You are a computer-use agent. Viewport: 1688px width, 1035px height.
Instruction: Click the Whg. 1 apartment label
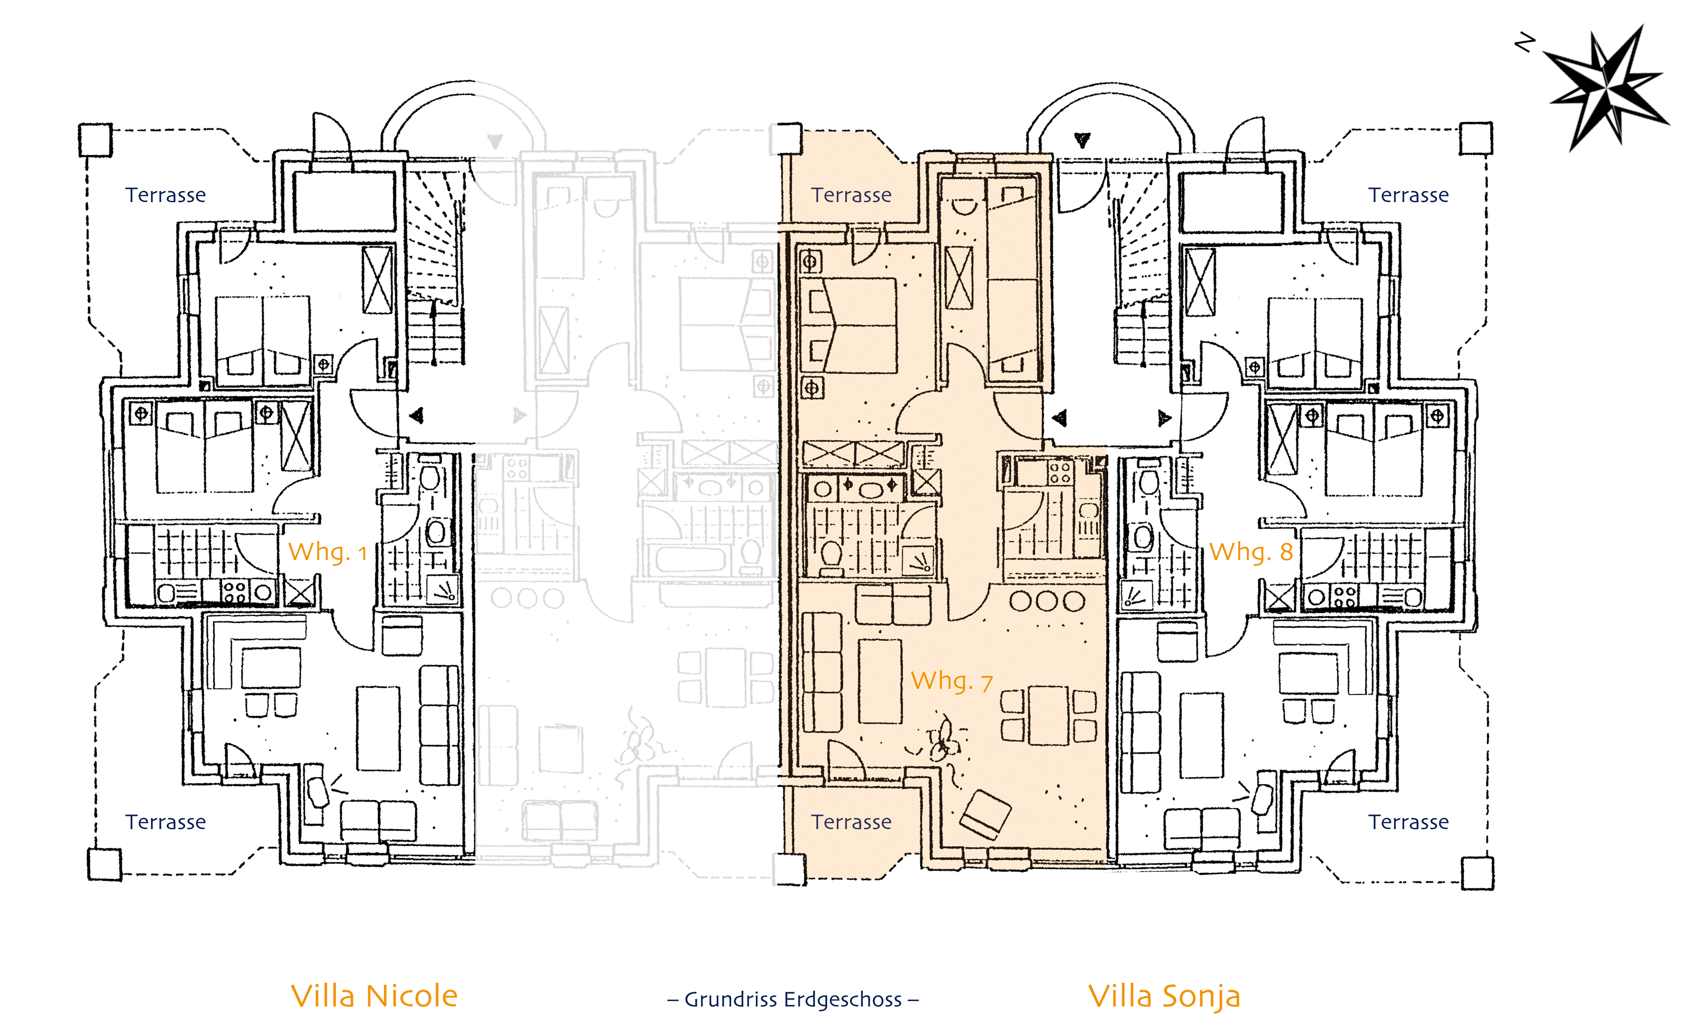pyautogui.click(x=328, y=553)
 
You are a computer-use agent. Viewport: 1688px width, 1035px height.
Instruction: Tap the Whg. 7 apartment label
pyautogui.click(x=952, y=681)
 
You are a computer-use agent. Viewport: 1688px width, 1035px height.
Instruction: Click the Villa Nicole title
pyautogui.click(x=374, y=996)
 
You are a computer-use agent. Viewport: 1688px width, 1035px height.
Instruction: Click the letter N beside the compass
pyautogui.click(x=1524, y=43)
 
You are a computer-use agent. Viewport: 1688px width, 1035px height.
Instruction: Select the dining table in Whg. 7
pyautogui.click(x=1048, y=715)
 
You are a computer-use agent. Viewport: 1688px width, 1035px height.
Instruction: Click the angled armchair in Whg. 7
pyautogui.click(x=985, y=814)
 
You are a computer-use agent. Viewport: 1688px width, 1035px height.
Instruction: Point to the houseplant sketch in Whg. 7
pyautogui.click(x=942, y=744)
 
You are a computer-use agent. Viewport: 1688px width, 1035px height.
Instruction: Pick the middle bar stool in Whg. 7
pyautogui.click(x=1048, y=601)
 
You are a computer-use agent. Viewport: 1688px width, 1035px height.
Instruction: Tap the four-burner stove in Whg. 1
pyautogui.click(x=235, y=592)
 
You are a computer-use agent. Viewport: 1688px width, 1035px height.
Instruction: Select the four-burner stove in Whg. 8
pyautogui.click(x=1345, y=597)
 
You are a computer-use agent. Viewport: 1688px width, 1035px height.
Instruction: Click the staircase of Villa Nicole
pyautogui.click(x=436, y=267)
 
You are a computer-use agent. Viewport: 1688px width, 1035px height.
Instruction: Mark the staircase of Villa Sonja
pyautogui.click(x=1139, y=267)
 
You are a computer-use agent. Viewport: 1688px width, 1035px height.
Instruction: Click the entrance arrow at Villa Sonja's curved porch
pyautogui.click(x=1082, y=140)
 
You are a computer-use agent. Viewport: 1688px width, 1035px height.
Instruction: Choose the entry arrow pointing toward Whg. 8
pyautogui.click(x=1165, y=417)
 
